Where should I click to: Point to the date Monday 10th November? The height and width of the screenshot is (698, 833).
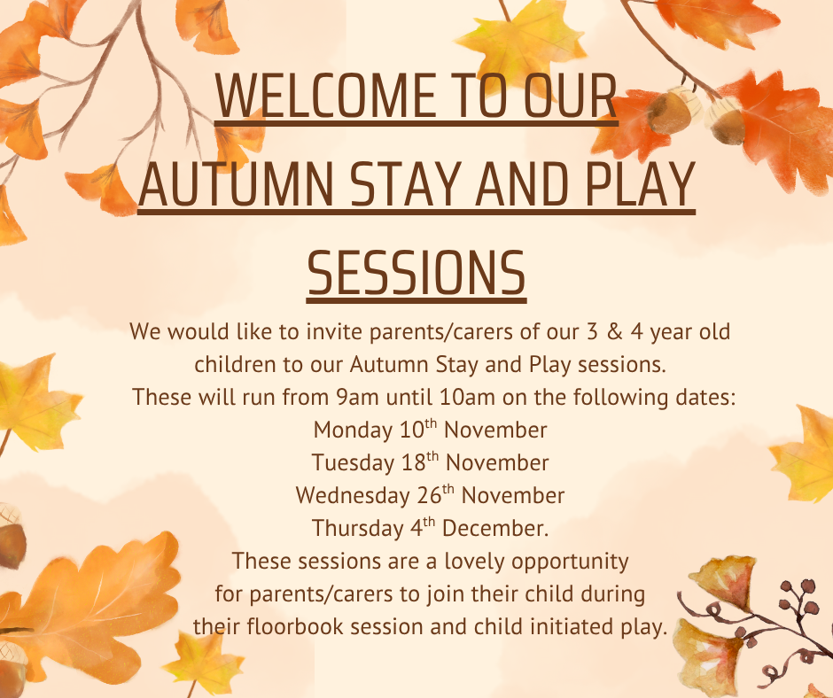[430, 430]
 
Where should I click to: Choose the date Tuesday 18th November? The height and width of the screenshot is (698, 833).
[430, 462]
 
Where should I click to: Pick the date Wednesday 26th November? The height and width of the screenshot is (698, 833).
[430, 494]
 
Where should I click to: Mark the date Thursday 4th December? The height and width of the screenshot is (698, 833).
[430, 528]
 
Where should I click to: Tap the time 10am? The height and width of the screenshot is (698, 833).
[465, 398]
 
